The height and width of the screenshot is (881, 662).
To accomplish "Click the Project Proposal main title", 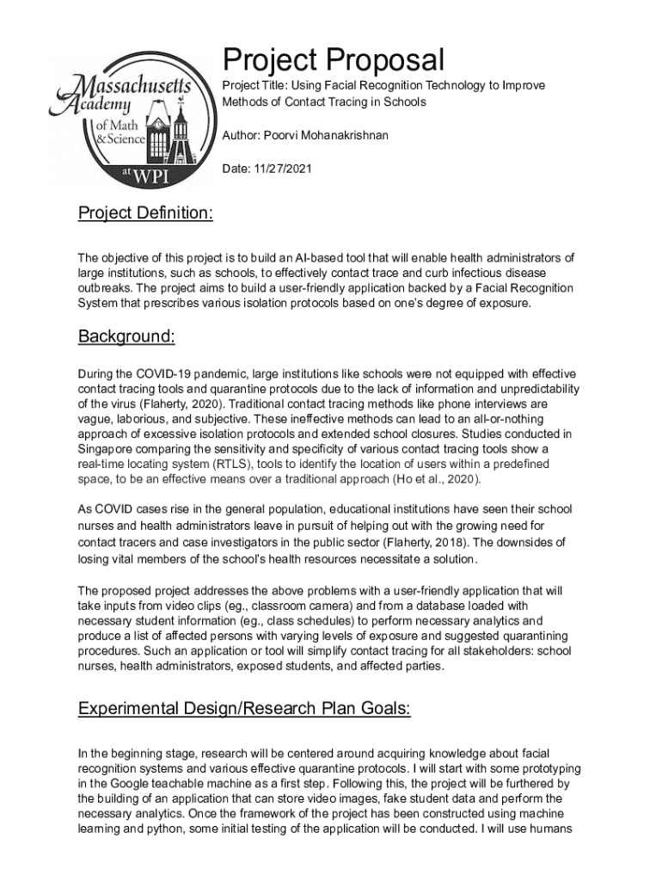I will click(334, 60).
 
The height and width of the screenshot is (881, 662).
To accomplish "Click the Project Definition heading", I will click(145, 213).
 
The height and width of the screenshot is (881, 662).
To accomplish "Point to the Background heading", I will click(126, 336).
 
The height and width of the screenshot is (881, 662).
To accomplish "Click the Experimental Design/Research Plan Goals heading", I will click(244, 709).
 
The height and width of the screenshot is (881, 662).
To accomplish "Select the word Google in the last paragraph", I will click(133, 783).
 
